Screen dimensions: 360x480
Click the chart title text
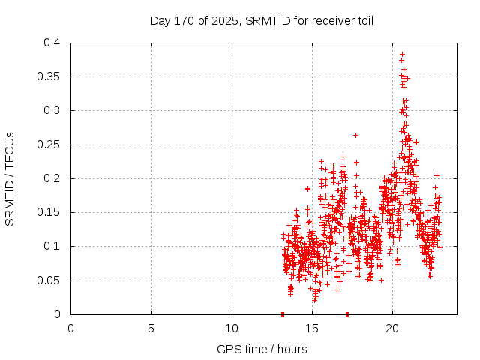click(x=262, y=20)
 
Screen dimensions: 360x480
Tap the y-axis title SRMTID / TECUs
click(x=10, y=178)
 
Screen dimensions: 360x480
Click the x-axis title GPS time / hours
click(x=262, y=349)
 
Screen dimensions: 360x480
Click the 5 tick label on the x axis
click(x=151, y=328)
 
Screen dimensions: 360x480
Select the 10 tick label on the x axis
click(x=232, y=328)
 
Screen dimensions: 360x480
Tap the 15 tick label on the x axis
click(x=312, y=328)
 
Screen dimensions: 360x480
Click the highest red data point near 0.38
click(x=402, y=55)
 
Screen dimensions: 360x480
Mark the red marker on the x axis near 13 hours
click(x=283, y=313)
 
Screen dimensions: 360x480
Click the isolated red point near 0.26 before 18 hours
click(x=355, y=135)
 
